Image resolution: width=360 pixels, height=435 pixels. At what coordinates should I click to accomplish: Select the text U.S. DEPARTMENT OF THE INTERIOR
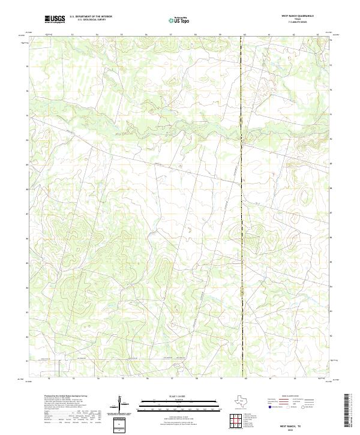click(91, 17)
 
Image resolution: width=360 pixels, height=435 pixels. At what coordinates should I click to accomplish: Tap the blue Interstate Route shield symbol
click(269, 407)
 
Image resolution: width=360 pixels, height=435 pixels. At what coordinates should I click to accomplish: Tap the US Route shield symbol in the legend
click(287, 407)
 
